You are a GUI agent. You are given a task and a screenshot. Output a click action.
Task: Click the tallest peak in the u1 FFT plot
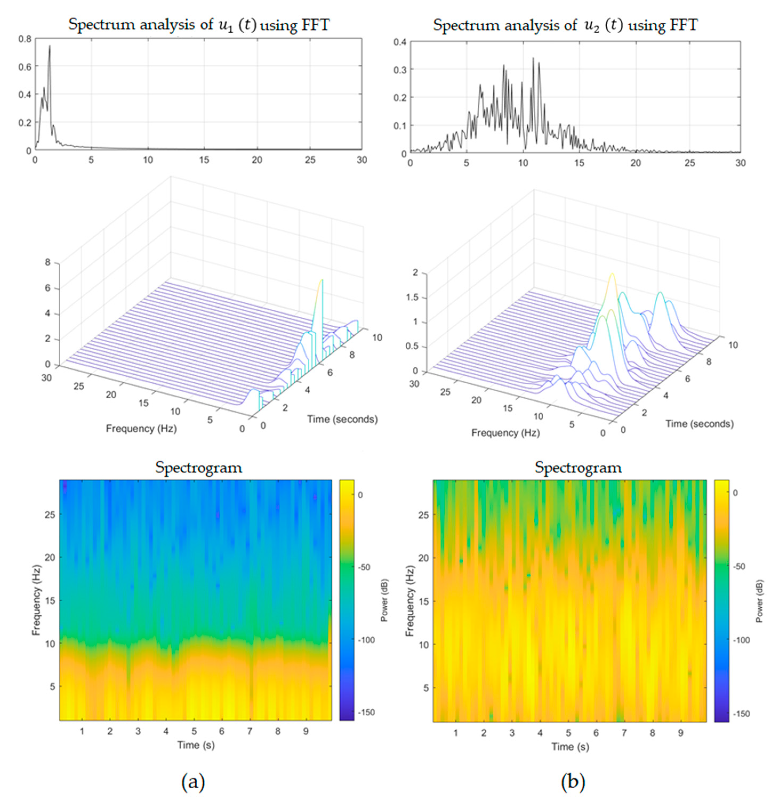[49, 46]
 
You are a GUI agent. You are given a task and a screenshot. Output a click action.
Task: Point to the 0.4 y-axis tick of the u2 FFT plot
[400, 42]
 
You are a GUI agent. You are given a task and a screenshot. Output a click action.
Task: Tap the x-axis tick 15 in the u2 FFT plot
[579, 163]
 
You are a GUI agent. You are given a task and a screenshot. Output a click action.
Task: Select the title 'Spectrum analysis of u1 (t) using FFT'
[199, 25]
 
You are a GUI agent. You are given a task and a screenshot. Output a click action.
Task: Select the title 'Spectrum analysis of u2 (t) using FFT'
[565, 25]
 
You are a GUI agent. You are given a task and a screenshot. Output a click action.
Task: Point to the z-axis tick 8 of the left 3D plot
[47, 262]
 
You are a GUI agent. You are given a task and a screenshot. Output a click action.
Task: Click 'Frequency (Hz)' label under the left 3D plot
[141, 429]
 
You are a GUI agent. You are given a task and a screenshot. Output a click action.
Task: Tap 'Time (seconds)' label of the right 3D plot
[699, 424]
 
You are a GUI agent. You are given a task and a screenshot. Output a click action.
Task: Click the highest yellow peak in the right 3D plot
[612, 274]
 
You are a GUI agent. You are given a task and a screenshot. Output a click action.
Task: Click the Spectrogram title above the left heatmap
[199, 467]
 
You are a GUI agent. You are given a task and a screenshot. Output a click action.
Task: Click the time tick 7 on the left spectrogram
[250, 731]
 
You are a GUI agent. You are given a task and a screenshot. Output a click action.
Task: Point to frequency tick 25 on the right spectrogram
[423, 515]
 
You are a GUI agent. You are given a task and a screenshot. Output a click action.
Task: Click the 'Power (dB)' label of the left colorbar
[384, 601]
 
